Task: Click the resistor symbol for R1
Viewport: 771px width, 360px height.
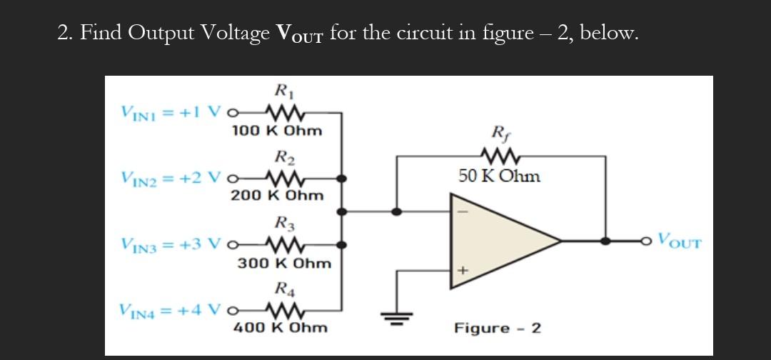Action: (285, 112)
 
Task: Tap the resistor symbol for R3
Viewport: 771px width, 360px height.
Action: (285, 244)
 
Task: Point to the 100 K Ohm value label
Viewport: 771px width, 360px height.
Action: (277, 131)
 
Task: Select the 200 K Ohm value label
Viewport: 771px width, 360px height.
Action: (277, 195)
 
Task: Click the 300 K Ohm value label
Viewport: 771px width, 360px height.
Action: (284, 263)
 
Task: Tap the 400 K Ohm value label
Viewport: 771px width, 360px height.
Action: (281, 328)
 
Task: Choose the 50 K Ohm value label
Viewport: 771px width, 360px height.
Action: (499, 176)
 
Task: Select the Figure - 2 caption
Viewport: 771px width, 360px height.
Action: (498, 329)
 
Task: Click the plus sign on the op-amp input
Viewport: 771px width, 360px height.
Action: (462, 271)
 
